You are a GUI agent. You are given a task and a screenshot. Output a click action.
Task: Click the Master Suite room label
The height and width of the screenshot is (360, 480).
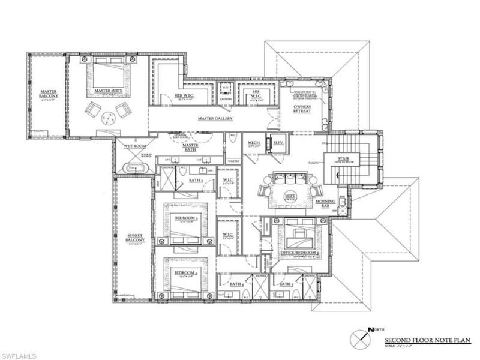(108, 92)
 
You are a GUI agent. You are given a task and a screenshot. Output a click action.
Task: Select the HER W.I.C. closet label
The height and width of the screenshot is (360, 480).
(183, 95)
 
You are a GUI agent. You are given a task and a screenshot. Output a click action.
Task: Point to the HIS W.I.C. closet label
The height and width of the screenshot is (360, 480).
(254, 94)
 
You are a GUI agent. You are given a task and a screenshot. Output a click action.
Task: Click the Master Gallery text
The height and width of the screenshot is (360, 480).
(215, 118)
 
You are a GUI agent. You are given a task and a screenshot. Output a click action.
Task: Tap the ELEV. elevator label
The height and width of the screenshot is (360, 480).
(278, 142)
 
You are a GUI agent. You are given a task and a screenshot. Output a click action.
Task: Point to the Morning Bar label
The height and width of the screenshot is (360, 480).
(326, 203)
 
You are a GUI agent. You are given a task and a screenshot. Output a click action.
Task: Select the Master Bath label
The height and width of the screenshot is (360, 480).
(190, 147)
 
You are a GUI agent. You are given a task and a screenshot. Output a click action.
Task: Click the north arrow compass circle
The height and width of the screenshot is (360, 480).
(360, 336)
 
